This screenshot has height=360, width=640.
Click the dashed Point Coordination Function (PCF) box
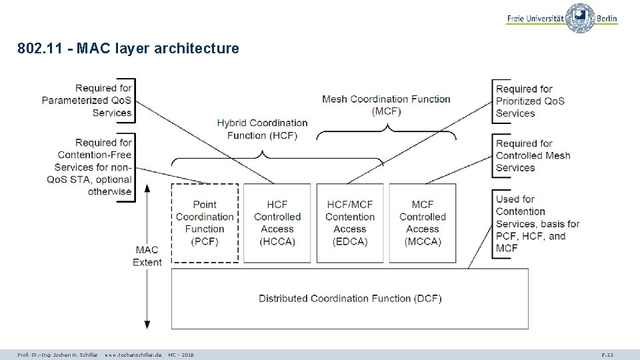tap(205, 223)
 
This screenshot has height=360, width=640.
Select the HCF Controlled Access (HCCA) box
tap(277, 223)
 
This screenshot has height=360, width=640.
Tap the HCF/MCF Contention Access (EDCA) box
tap(350, 223)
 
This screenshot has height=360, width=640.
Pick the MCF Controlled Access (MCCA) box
tap(423, 223)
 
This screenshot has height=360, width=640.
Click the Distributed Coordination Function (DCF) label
tap(350, 299)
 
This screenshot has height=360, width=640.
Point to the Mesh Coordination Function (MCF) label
tap(386, 105)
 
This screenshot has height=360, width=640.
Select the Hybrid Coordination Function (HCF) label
tap(262, 129)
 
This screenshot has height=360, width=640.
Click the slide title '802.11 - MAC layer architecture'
tap(128, 49)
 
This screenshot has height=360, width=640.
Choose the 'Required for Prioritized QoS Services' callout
tap(529, 101)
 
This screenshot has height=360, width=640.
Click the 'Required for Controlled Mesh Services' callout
tap(533, 155)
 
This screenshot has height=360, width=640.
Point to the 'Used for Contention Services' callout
tap(537, 223)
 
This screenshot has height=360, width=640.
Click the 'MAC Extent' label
tap(147, 256)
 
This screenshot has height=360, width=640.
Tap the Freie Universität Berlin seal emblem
tap(580, 18)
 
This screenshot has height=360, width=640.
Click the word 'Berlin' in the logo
tap(607, 19)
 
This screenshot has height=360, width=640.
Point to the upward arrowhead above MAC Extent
tap(147, 187)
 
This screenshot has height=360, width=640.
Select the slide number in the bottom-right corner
tap(607, 355)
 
